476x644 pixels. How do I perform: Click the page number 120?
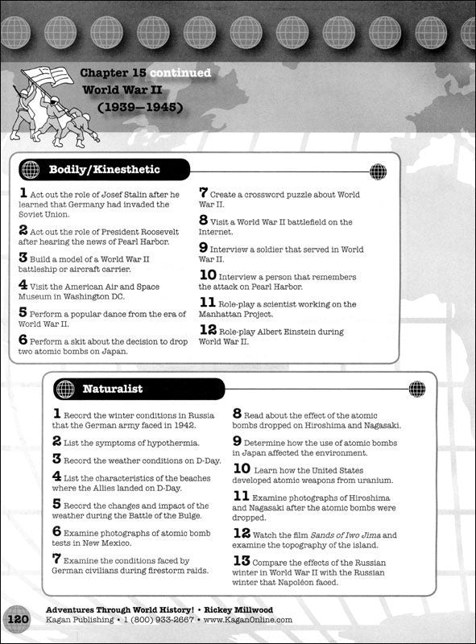click(x=18, y=620)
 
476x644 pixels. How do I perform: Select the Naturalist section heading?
click(x=112, y=389)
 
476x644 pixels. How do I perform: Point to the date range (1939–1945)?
click(x=148, y=106)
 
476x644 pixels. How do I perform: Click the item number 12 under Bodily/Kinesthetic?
click(x=207, y=330)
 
